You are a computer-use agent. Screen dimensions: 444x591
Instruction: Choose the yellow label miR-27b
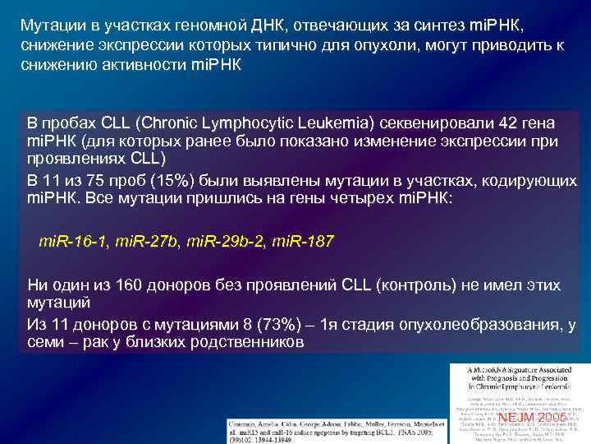click(148, 242)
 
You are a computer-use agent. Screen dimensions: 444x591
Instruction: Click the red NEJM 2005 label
click(532, 418)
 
